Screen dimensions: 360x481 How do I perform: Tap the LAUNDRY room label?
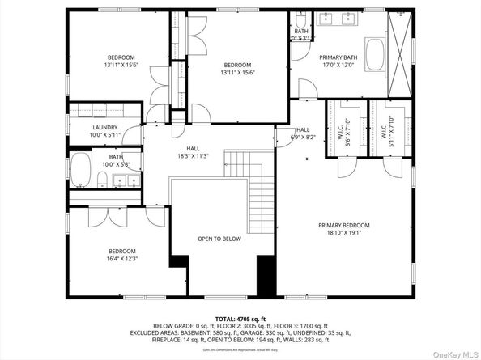pos(105,128)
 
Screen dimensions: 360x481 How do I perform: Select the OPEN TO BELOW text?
pos(219,239)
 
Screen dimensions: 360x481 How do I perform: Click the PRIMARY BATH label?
pos(338,57)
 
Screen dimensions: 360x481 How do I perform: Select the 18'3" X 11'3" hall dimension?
pos(193,156)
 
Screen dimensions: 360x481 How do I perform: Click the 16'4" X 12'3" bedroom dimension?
pos(122,259)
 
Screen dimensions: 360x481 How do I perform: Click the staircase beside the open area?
pos(261,193)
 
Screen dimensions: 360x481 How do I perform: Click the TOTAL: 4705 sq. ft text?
pos(240,319)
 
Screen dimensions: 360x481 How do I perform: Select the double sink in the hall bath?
pos(122,179)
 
